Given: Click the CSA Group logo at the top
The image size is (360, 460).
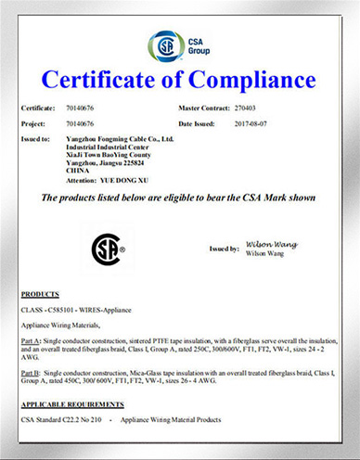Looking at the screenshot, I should (x=179, y=43).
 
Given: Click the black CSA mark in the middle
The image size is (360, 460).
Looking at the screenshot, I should (x=107, y=249).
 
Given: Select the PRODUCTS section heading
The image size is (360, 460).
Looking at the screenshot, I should (x=39, y=292).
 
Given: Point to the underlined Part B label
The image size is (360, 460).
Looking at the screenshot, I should (x=30, y=372).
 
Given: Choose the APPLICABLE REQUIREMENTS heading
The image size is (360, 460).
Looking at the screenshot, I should (x=69, y=406).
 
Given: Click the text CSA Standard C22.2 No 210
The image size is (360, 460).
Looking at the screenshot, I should (x=61, y=420).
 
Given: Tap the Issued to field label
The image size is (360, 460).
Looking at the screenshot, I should (x=35, y=138).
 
